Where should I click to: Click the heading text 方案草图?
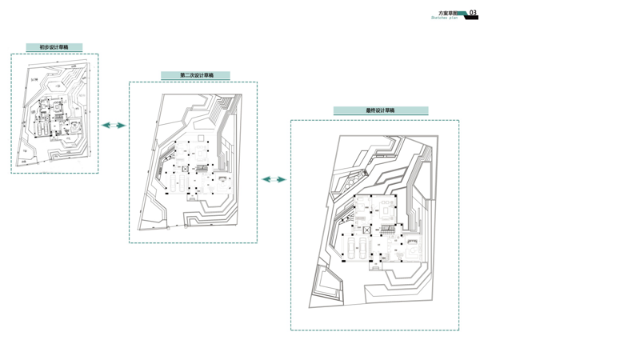tap(449, 13)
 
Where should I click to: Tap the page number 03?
tap(473, 13)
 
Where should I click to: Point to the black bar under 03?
tap(472, 18)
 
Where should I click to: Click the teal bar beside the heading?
tap(462, 14)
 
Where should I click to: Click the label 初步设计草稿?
tap(54, 48)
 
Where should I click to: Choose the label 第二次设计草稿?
tap(196, 76)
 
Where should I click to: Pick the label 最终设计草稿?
tap(380, 110)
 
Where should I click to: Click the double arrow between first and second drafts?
tap(114, 125)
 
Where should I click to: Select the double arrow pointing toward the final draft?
tap(274, 179)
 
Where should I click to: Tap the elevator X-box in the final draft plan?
tap(366, 230)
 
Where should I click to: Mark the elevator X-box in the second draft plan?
tap(185, 169)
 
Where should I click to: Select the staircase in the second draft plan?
tap(202, 168)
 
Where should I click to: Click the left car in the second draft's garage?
tap(173, 185)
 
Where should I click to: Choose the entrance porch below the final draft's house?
tap(375, 266)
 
